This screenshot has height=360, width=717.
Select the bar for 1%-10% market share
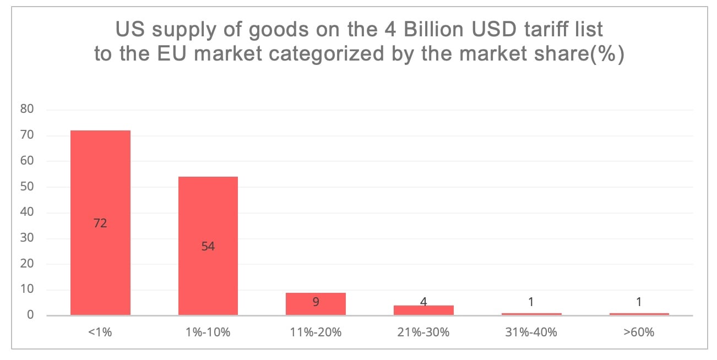208,209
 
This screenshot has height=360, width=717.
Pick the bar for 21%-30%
423,310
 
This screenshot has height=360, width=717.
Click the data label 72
100,223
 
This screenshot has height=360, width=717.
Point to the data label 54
208,247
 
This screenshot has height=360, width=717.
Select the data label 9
316,302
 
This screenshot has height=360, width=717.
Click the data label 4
423,302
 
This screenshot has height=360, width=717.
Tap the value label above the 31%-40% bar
530,302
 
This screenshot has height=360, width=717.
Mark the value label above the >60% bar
638,302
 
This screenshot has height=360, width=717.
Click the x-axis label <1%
100,332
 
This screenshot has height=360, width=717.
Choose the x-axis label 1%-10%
208,332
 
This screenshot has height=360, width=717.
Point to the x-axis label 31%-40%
530,332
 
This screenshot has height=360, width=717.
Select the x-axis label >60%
638,332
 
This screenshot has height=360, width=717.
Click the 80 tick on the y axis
28,110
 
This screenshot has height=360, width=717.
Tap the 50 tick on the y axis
28,187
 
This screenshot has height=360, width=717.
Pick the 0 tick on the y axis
30,315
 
